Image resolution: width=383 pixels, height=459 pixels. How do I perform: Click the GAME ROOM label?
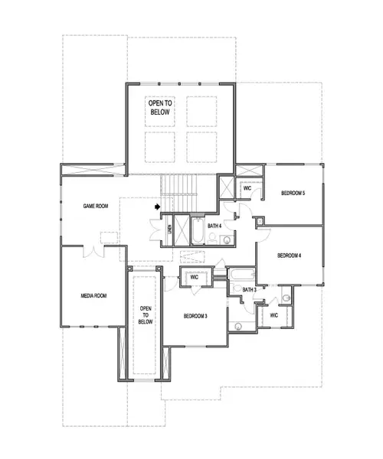(x=96, y=206)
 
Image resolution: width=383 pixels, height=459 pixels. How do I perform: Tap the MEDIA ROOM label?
(x=93, y=295)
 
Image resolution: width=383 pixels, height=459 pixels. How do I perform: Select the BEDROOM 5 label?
(x=293, y=194)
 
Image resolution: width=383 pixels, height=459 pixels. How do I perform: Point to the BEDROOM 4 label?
(x=290, y=256)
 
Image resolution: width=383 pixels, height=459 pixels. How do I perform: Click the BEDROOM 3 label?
(x=195, y=316)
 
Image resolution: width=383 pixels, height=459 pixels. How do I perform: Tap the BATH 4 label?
(x=214, y=226)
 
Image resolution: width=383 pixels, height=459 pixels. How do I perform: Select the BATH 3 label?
(x=250, y=290)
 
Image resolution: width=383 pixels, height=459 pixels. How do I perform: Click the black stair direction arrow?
(x=158, y=207)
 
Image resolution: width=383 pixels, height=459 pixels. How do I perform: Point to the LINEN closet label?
(x=169, y=229)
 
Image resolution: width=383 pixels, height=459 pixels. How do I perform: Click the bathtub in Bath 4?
(x=198, y=231)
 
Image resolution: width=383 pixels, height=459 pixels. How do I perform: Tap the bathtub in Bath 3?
(x=242, y=275)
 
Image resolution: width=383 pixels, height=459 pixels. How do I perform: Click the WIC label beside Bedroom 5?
(x=247, y=188)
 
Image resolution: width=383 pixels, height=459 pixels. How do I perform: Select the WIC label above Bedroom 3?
(x=195, y=277)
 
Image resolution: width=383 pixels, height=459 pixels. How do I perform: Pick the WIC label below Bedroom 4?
(x=273, y=315)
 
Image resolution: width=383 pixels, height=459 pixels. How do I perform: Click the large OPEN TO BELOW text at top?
(x=160, y=107)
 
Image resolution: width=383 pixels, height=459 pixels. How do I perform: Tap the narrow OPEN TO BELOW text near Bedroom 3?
(x=146, y=315)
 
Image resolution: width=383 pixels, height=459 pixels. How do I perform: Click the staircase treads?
(x=178, y=193)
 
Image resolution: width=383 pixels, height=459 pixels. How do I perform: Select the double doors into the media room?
(x=93, y=252)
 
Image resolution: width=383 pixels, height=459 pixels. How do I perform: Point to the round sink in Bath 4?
(x=227, y=240)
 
